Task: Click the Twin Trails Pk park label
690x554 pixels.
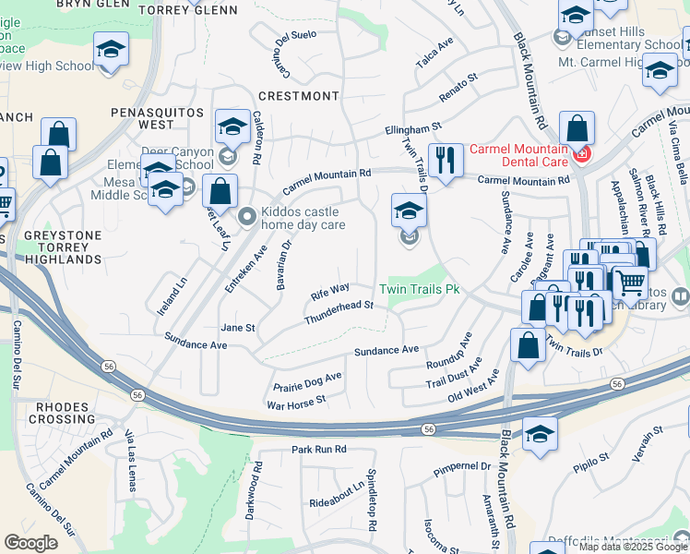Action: coord(423,290)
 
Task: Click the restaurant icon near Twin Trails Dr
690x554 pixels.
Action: coord(446,161)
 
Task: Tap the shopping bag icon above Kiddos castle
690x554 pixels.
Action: coord(221,193)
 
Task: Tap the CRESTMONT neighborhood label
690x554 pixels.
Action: coord(299,96)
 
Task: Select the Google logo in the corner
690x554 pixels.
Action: coord(31,543)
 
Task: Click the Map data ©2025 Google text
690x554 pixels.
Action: coord(631,547)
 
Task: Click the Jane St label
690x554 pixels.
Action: coord(237,328)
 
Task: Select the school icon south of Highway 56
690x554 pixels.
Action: coord(540,434)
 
